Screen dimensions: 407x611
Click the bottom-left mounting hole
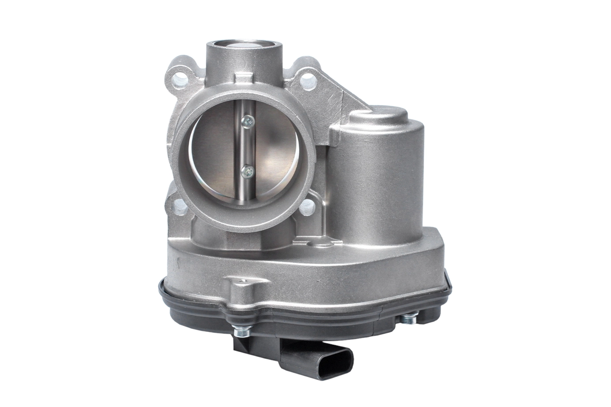click(179, 205)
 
